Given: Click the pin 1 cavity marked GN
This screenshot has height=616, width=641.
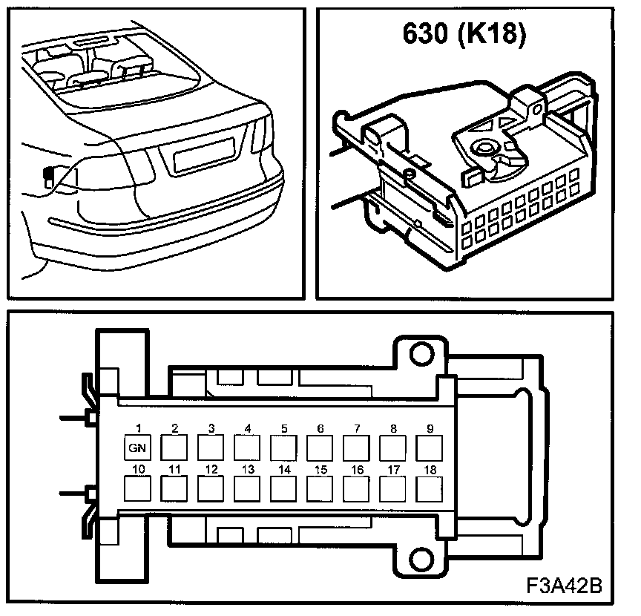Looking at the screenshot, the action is point(138,448).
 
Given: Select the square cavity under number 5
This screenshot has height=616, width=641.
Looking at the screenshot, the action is point(283,448).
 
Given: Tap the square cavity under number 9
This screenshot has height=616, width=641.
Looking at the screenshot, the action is point(429,448).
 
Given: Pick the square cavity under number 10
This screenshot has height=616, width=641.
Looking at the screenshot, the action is point(138,489).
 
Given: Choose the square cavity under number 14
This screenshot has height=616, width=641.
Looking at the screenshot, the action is point(283,489).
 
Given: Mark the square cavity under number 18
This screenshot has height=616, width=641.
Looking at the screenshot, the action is point(429,489).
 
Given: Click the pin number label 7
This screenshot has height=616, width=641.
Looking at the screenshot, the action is point(357,429).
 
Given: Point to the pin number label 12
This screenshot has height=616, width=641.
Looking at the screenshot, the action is point(211,470).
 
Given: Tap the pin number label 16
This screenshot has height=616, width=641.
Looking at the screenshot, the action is point(357,470).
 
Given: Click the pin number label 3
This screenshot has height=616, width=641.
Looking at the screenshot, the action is point(211,429).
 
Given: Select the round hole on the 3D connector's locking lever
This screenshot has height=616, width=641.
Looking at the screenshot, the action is point(486,148).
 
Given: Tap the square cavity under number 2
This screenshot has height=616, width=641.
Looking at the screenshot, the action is point(174,448).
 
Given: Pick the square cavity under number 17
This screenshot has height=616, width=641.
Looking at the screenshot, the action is point(392,489).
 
